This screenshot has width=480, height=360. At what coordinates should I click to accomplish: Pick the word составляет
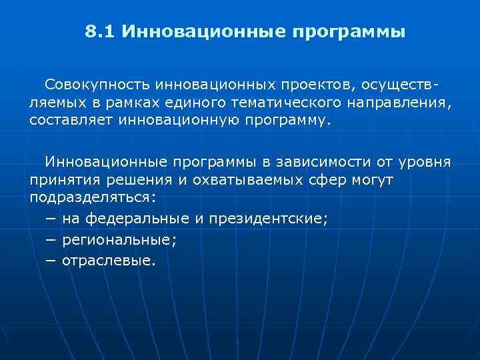[x=71, y=122]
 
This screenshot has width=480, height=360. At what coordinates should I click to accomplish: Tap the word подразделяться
[x=91, y=198]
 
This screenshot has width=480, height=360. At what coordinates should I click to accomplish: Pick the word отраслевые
[x=109, y=261]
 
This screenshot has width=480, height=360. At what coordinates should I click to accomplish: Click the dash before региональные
[x=51, y=240]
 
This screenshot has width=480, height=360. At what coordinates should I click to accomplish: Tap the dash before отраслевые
[x=51, y=261]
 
